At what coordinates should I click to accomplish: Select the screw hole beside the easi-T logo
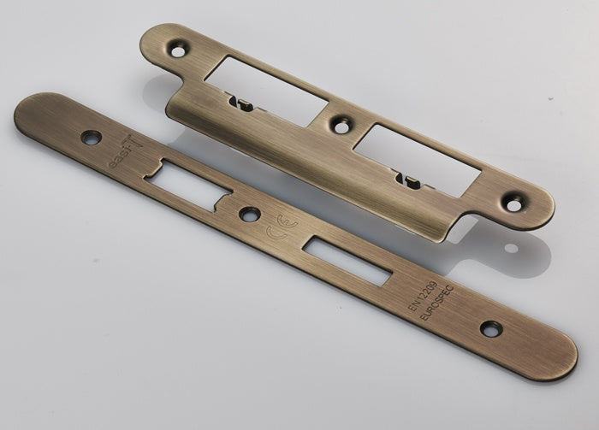pos(91,137)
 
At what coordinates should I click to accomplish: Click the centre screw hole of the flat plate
pos(250,214)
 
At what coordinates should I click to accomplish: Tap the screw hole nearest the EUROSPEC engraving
pos(490,328)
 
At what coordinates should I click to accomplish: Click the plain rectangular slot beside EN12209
pos(347,261)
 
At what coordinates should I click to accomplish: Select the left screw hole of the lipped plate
pos(177,50)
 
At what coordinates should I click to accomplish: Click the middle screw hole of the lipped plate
pos(341,126)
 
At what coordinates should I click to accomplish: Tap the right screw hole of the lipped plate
pos(513,204)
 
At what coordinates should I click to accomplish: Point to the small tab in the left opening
pos(240,104)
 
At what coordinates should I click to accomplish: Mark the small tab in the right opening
pos(406,179)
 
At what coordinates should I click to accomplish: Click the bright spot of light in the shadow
pos(511,248)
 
